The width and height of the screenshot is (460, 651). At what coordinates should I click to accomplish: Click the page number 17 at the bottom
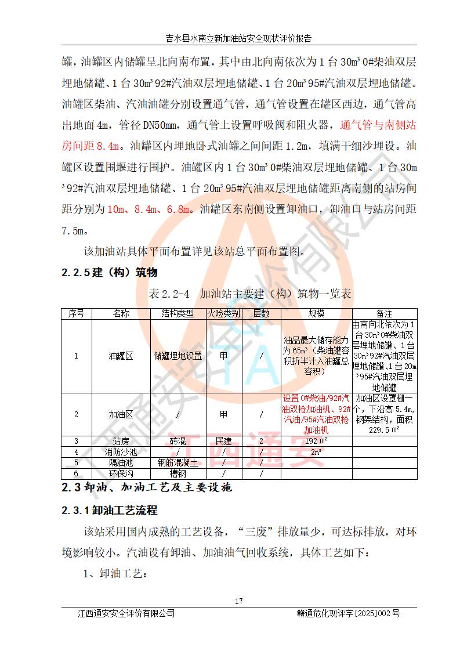coord(238,601)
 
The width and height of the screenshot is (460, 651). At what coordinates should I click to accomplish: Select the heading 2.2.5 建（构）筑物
coord(110,273)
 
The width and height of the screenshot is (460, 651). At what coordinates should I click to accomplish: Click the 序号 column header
coord(76,313)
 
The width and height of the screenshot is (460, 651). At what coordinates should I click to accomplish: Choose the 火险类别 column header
coord(224,313)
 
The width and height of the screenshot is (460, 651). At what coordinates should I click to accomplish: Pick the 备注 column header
coord(384,313)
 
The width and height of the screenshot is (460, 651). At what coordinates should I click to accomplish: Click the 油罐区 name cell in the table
coord(121,356)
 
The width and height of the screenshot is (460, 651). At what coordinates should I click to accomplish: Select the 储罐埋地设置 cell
coord(178,356)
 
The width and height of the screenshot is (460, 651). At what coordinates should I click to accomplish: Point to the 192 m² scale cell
coord(316,441)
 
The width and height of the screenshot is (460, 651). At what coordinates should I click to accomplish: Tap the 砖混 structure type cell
coord(178,441)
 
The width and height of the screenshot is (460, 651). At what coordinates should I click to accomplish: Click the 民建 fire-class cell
coord(224,441)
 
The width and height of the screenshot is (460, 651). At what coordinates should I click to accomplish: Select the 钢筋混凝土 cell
coord(178,462)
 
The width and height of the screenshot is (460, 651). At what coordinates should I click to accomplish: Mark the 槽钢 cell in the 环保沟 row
coord(178,473)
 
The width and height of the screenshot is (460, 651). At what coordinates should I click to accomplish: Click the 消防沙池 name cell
coord(121,451)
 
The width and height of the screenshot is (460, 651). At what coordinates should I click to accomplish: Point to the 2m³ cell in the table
coord(316,451)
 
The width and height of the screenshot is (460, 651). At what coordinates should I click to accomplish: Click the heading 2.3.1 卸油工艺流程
coord(110,511)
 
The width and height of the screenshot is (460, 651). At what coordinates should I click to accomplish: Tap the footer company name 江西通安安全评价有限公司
coord(126,613)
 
